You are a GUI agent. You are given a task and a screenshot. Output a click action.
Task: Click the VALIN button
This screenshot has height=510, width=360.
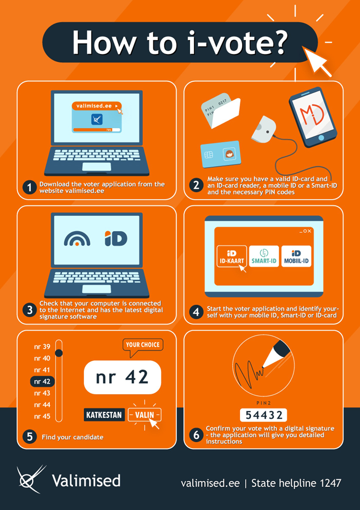point(145,415)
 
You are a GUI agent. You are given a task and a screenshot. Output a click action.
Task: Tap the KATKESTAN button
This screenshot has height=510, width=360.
point(104,415)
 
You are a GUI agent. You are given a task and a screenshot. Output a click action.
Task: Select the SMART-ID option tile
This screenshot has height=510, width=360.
point(264,256)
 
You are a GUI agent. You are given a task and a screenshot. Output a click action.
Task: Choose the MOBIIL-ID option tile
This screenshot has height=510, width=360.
point(296,256)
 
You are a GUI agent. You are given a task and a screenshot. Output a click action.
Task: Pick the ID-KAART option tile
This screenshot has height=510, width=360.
point(232,256)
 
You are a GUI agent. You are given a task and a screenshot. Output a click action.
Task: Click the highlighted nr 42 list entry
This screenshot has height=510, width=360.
point(42,381)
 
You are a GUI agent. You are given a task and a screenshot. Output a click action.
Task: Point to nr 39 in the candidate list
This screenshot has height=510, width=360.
point(42,347)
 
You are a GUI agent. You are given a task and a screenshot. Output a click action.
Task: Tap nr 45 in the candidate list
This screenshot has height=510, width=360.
point(42,416)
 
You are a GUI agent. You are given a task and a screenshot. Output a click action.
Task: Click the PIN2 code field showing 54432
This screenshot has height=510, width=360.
point(263,415)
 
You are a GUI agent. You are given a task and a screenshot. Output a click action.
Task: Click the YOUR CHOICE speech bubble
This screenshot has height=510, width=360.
point(143,345)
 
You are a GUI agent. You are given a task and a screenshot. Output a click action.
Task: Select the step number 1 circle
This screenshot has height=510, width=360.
point(30,187)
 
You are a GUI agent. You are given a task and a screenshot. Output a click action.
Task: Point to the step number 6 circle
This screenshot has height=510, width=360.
point(197,435)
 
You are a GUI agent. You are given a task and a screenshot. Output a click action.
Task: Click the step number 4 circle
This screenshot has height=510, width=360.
point(197,312)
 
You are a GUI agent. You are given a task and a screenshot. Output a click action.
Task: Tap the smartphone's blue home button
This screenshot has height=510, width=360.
point(321,138)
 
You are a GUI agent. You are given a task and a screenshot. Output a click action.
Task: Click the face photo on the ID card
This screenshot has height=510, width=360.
point(230,154)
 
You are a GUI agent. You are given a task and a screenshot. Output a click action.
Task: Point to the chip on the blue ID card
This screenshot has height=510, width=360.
point(209,155)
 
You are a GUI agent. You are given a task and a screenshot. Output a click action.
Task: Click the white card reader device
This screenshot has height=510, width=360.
point(263,130)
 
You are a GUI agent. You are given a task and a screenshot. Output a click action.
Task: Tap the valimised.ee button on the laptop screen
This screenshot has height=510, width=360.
point(97,106)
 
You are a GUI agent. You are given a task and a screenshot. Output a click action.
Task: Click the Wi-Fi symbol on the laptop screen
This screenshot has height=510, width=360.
point(77,239)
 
